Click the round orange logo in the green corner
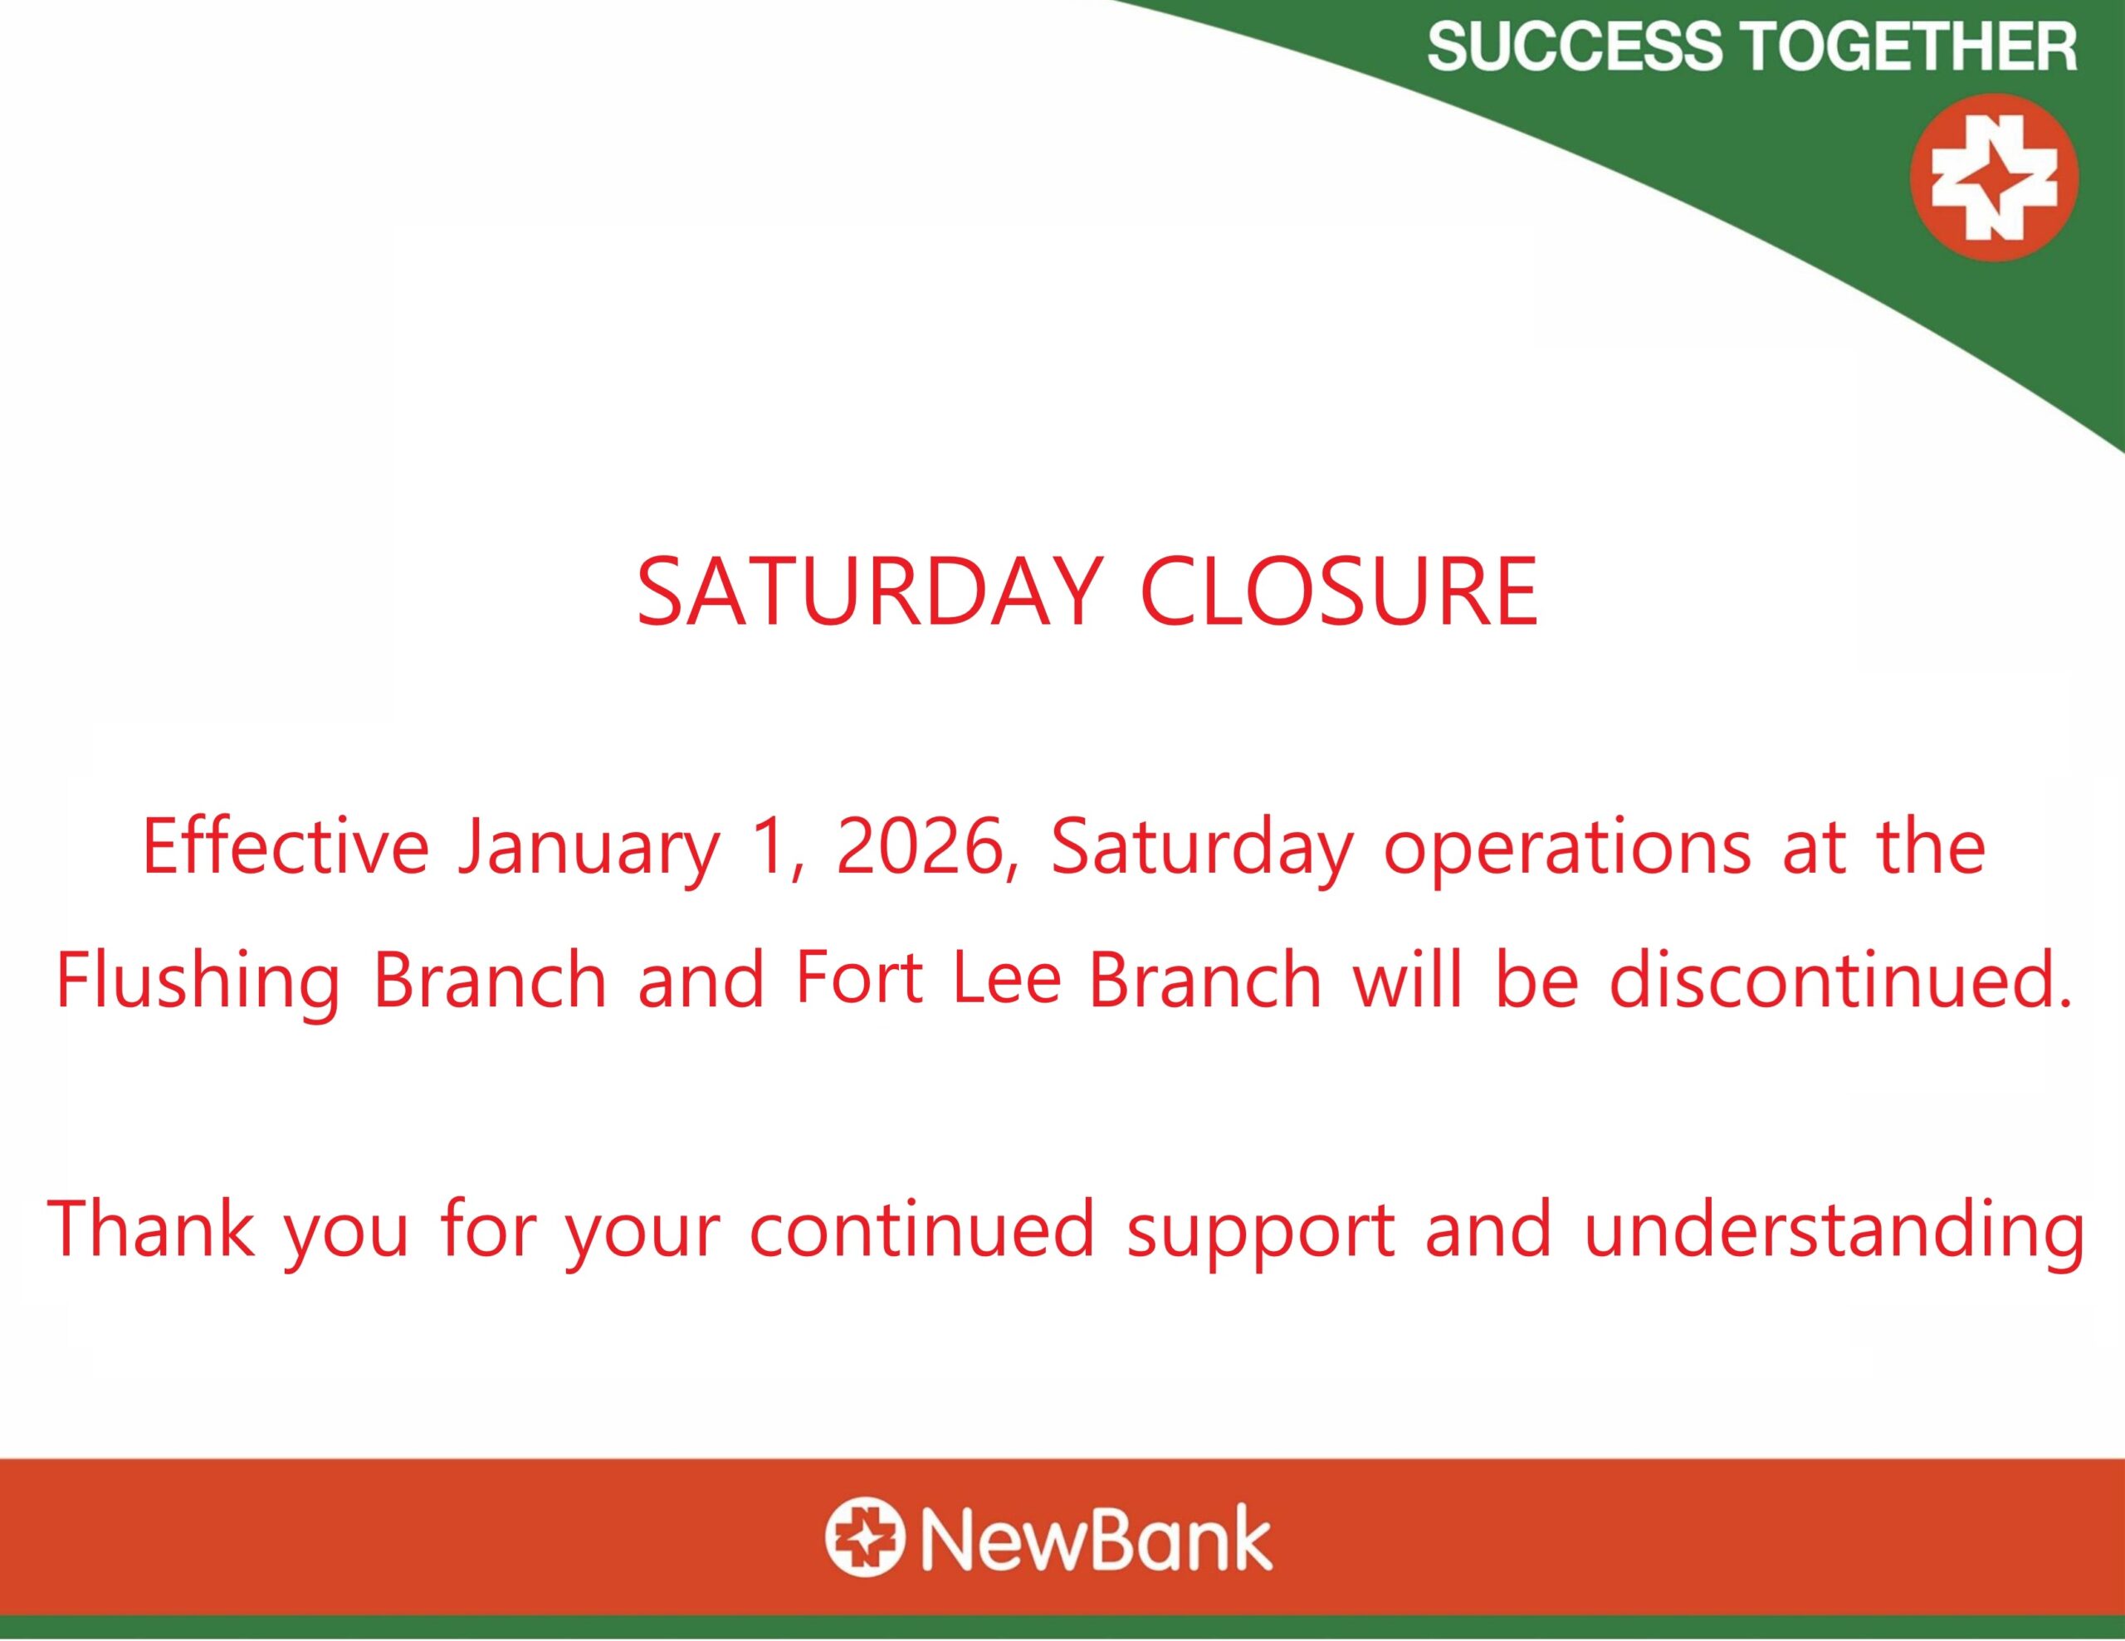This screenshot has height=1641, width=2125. pyautogui.click(x=1994, y=177)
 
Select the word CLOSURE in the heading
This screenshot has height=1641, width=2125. pyautogui.click(x=1339, y=592)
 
